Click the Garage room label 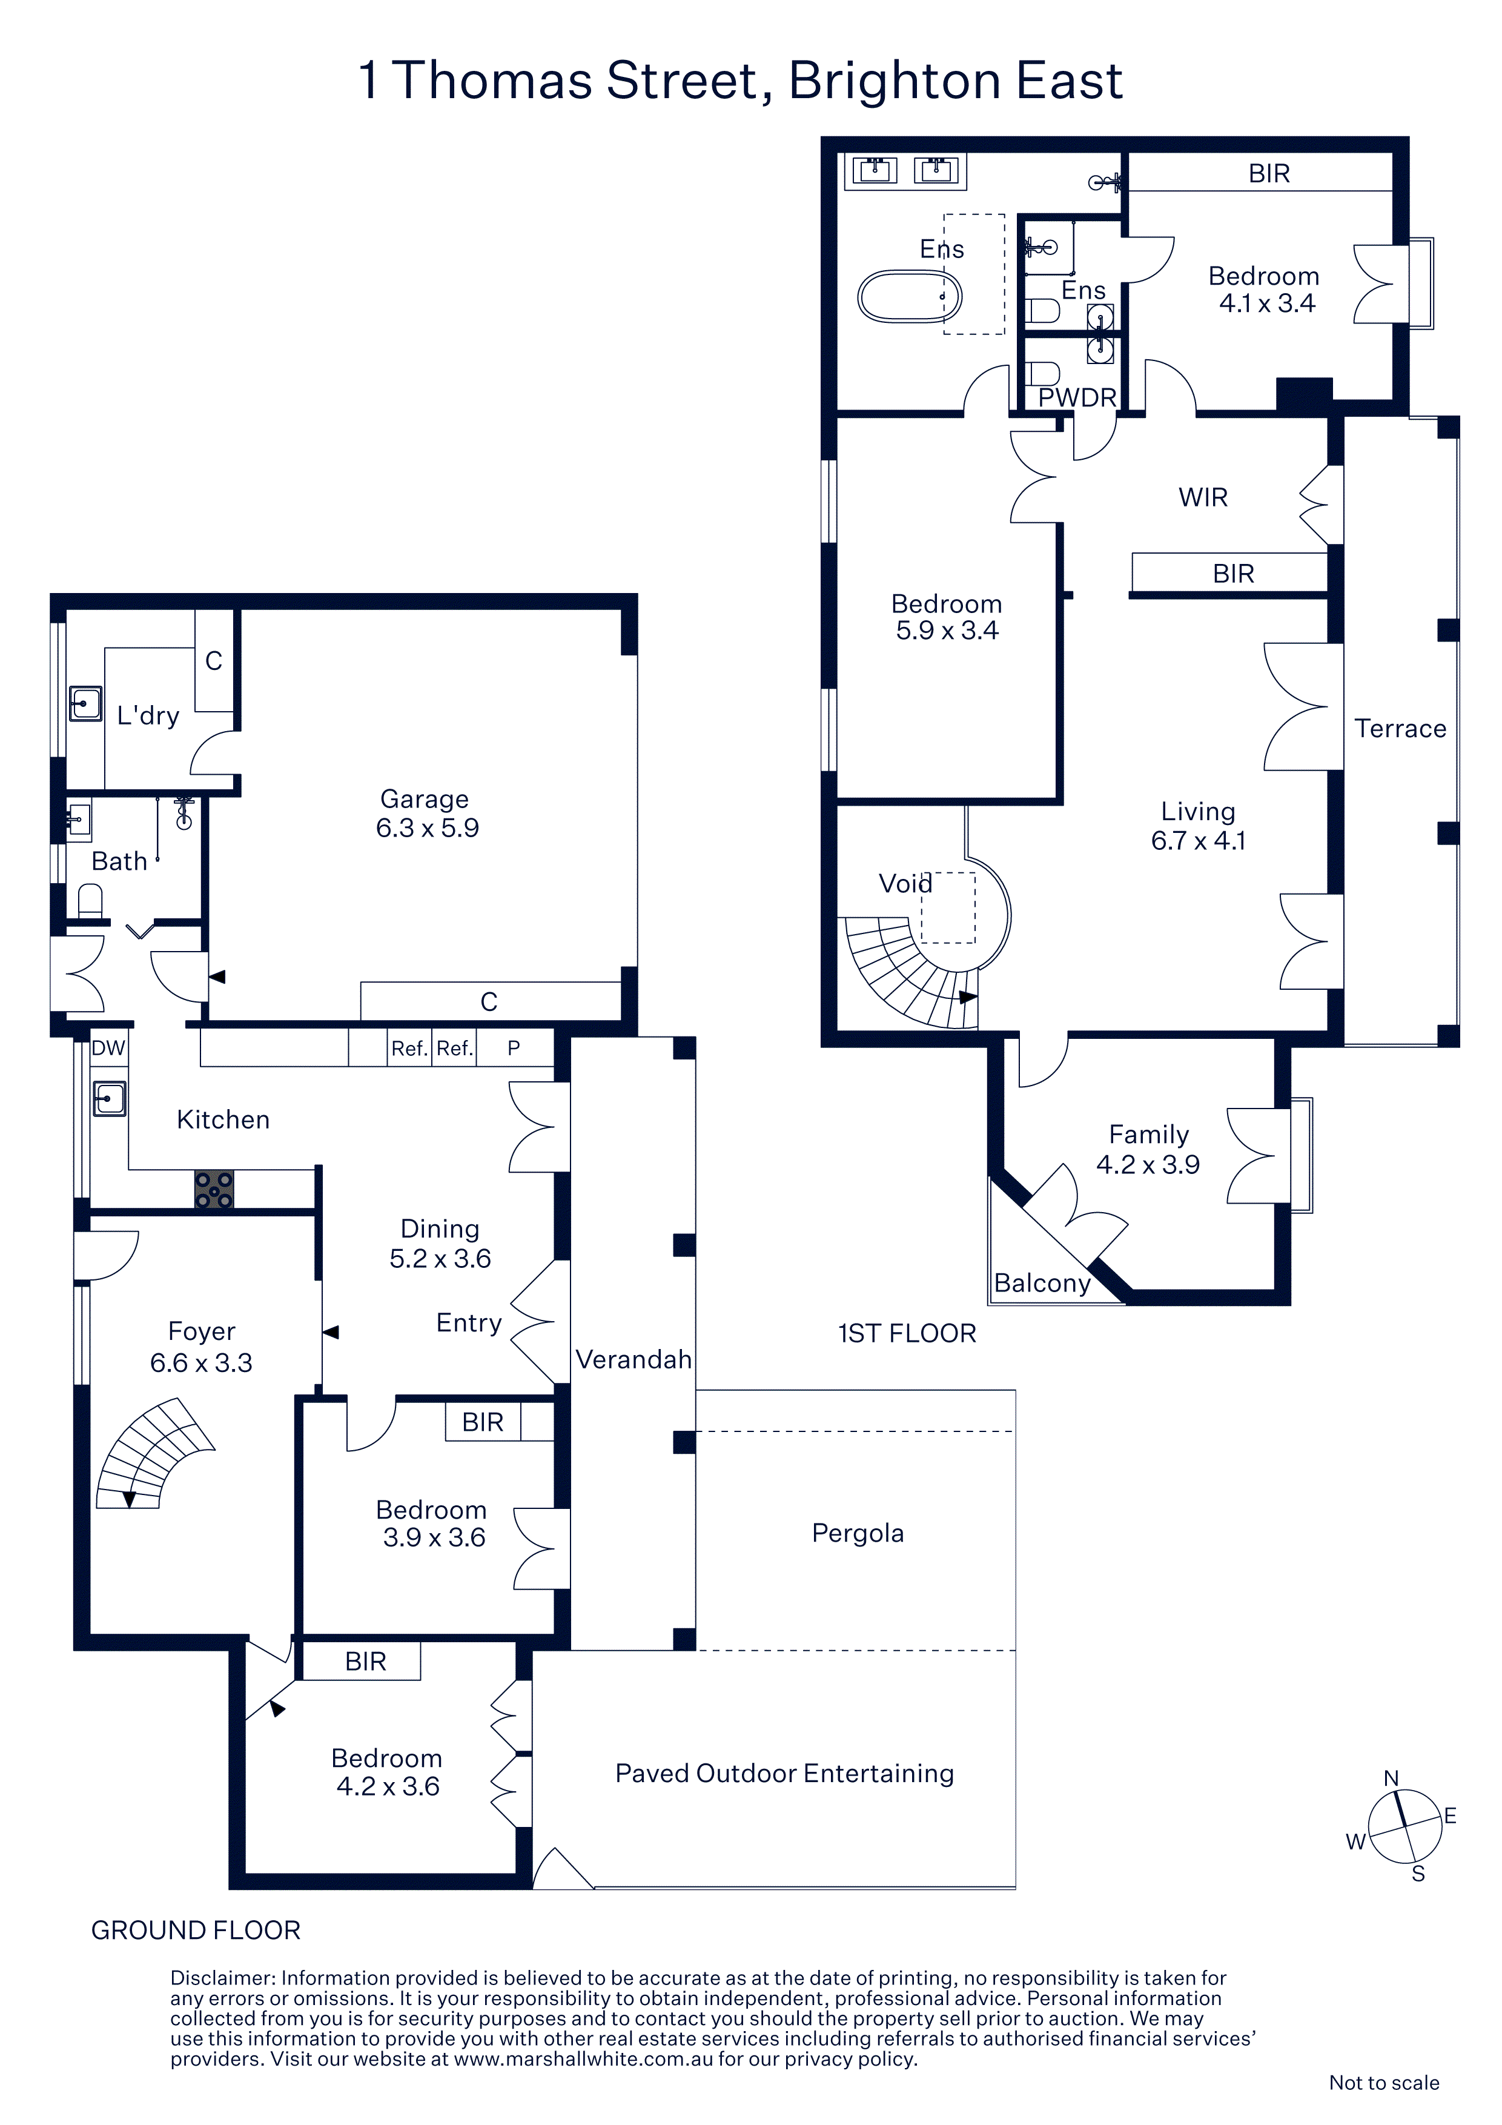point(425,799)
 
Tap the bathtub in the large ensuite point(910,296)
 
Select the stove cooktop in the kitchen point(214,1189)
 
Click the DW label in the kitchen point(108,1048)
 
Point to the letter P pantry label point(514,1048)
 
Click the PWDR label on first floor point(1077,398)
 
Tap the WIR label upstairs point(1203,498)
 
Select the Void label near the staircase point(905,884)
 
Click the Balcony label point(1042,1284)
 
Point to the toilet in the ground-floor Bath point(90,901)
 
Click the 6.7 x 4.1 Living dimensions point(1199,840)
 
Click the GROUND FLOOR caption point(196,1931)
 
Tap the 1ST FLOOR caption point(907,1334)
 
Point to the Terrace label point(1400,728)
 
